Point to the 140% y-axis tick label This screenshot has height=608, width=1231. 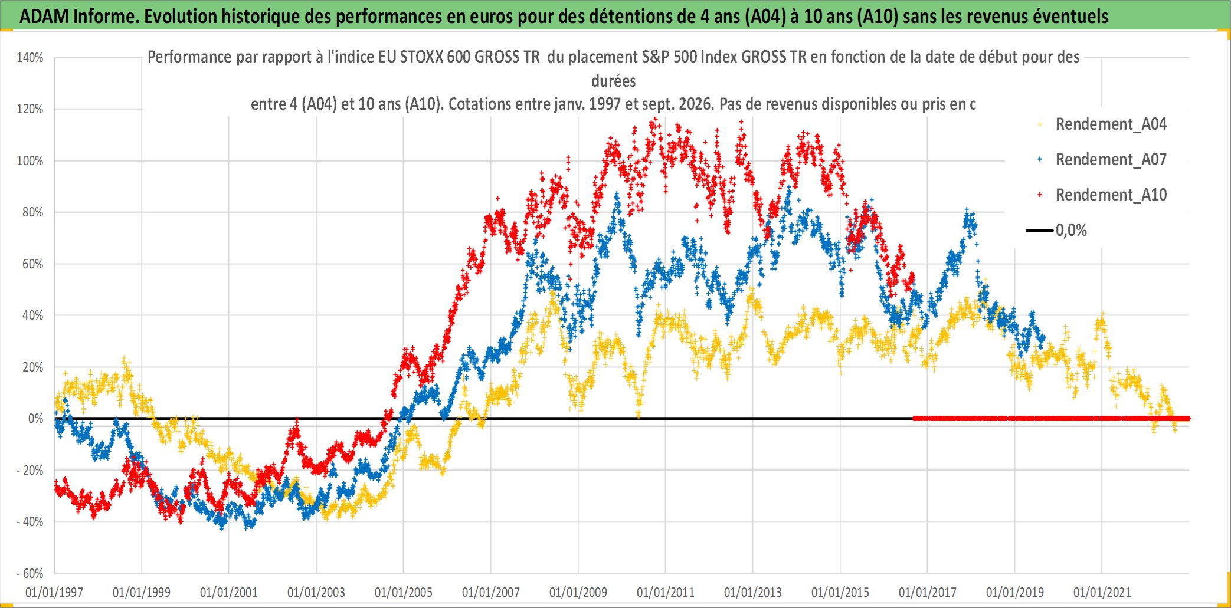30,58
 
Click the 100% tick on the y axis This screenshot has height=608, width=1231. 30,161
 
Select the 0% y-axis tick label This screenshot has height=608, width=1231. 35,419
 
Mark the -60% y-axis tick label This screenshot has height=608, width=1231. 30,574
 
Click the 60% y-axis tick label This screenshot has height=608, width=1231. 33,264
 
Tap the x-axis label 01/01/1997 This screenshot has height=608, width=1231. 54,592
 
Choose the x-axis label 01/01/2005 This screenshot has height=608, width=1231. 404,592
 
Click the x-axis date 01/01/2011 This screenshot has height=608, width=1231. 666,592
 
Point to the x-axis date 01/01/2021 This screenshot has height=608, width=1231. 1102,592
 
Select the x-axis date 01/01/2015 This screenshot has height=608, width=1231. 840,592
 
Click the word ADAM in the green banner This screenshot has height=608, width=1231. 44,17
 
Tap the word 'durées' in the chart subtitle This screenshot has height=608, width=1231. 614,81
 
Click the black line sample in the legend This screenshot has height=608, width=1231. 1039,231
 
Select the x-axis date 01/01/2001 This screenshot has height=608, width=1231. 229,592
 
